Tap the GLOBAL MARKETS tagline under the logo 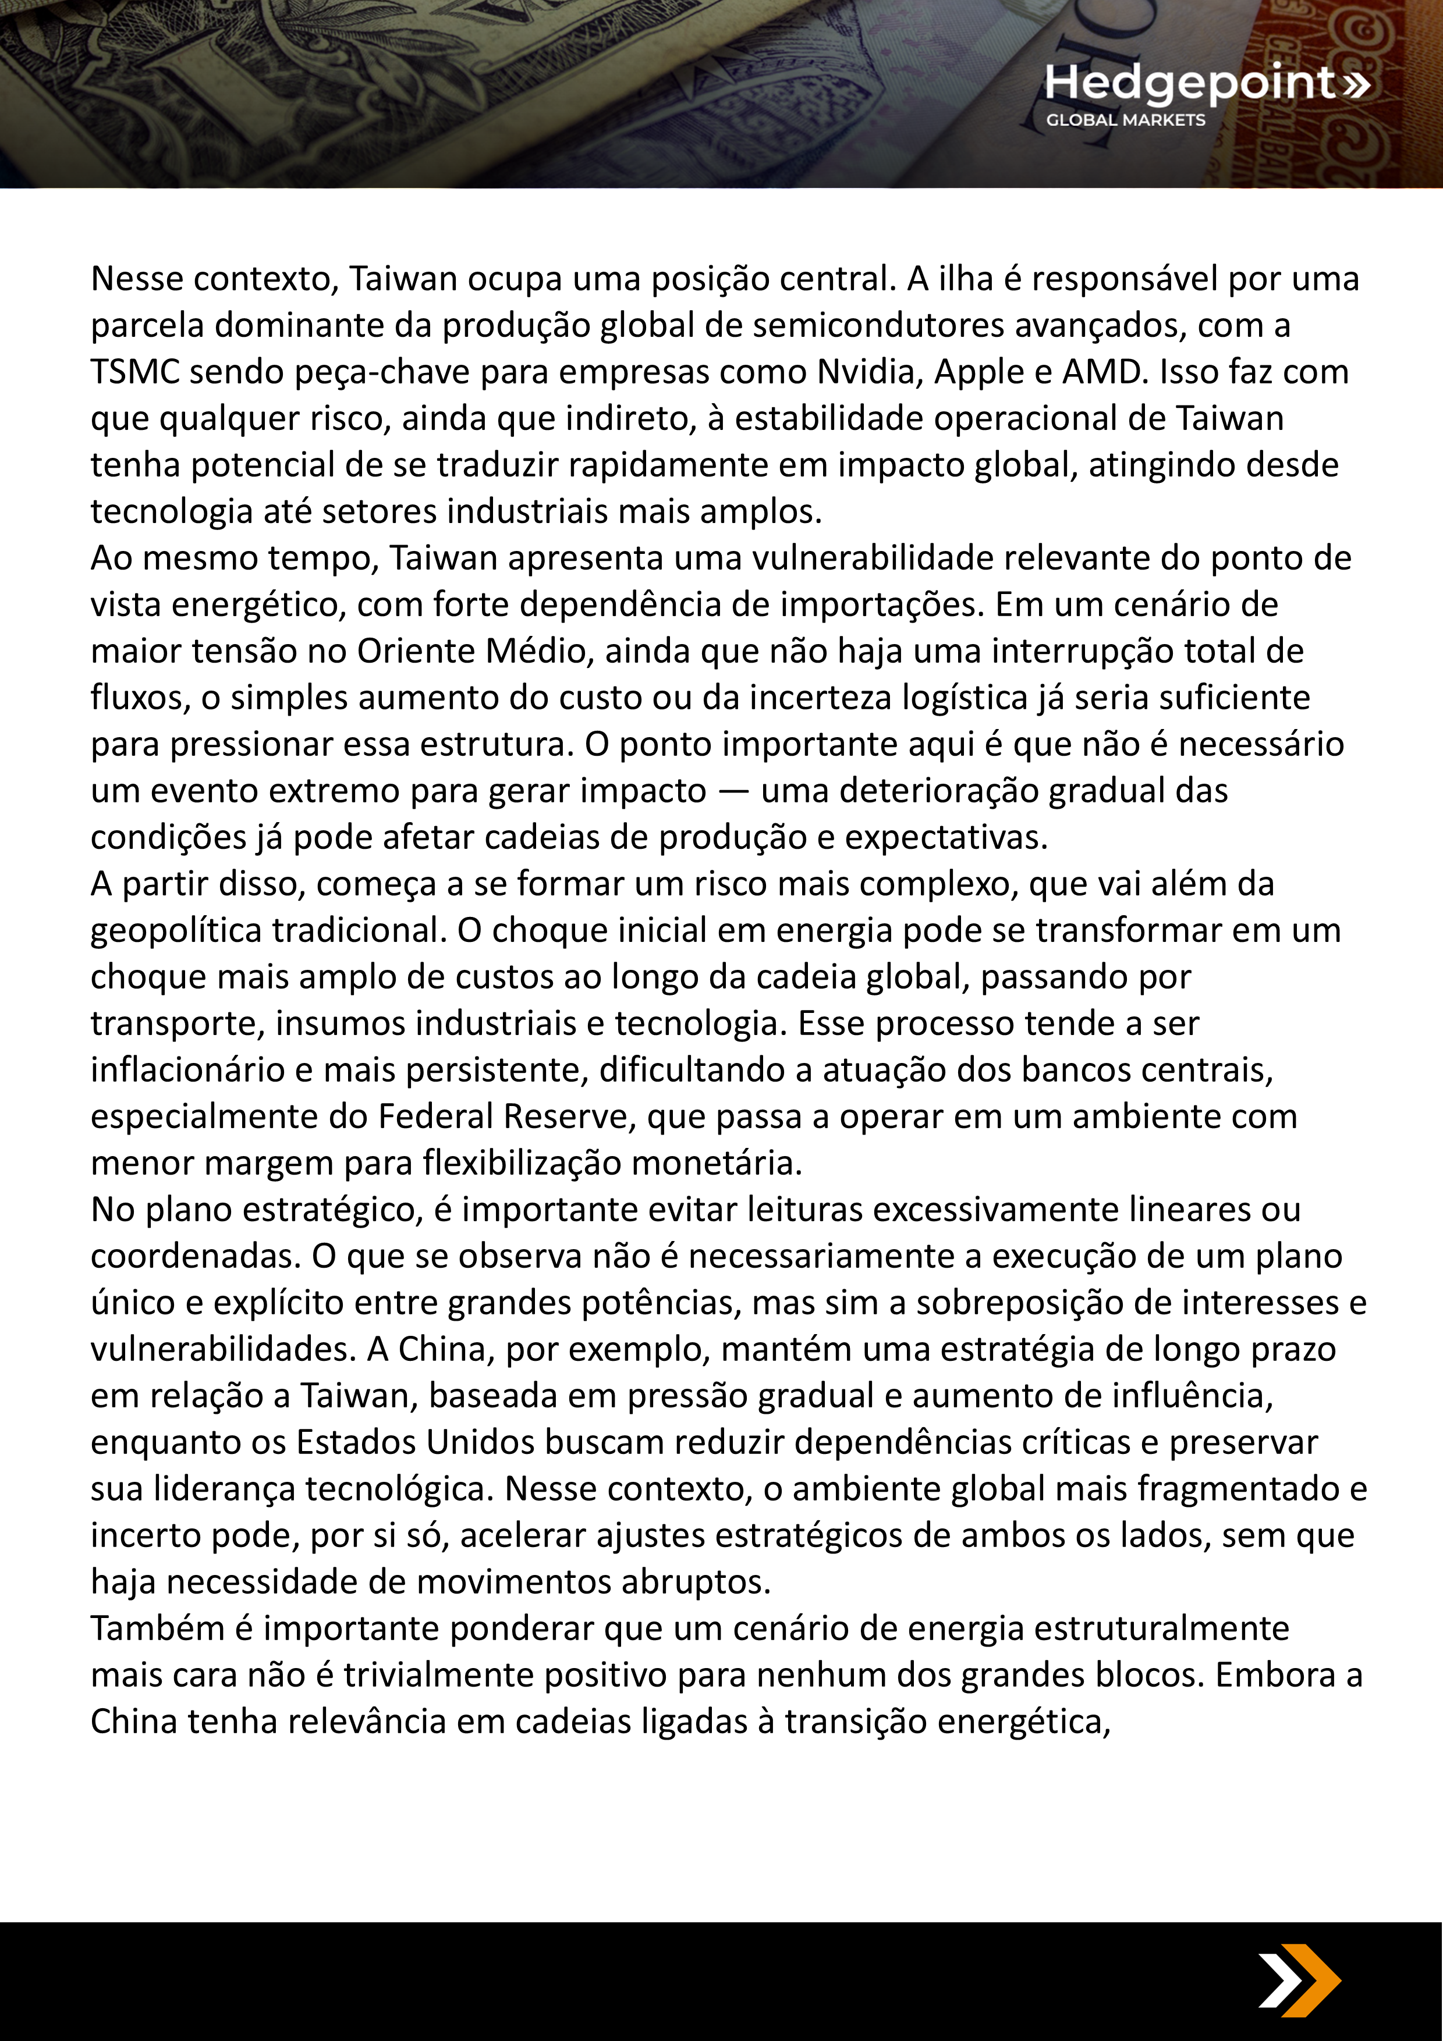tap(1126, 120)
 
